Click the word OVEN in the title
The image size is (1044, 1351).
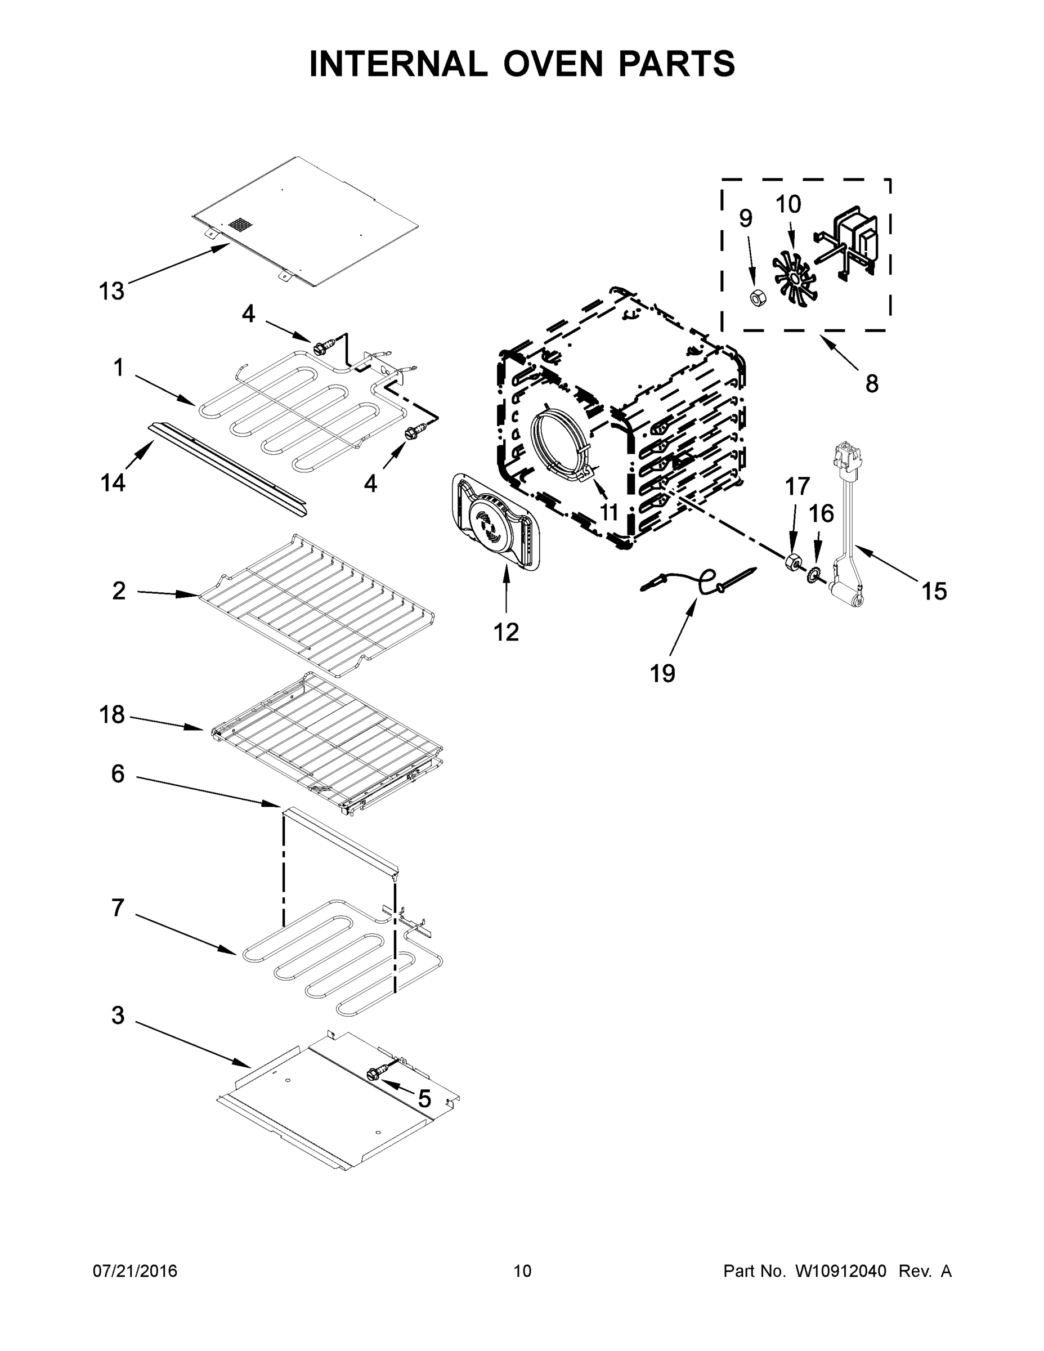(x=552, y=64)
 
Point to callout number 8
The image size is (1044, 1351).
(x=871, y=384)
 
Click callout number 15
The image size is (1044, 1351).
(x=934, y=592)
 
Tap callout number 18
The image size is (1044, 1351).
(x=112, y=714)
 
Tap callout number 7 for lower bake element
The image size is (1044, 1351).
(x=118, y=907)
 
